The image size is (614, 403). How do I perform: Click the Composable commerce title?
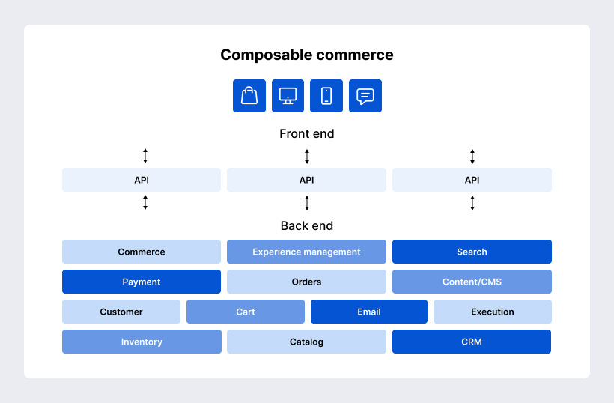[x=306, y=55]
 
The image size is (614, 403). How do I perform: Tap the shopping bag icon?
[x=249, y=96]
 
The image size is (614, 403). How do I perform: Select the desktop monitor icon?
[x=288, y=96]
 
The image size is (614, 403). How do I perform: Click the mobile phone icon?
[x=326, y=96]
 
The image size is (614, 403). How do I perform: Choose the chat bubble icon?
[x=365, y=96]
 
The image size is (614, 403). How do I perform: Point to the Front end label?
[x=306, y=134]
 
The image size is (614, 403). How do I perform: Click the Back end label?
[x=306, y=225]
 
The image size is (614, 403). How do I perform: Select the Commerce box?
[x=142, y=252]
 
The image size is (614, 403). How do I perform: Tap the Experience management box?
[x=306, y=252]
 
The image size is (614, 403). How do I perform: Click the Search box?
[x=472, y=252]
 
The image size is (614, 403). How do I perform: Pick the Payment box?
[x=142, y=282]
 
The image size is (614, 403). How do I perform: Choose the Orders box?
[x=306, y=282]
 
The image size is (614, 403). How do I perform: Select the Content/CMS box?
[x=472, y=282]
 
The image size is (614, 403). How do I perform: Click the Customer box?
[x=121, y=312]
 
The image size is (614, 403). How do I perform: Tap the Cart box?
[x=246, y=312]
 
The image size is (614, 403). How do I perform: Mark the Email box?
[x=369, y=312]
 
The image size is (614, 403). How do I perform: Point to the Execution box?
[x=493, y=312]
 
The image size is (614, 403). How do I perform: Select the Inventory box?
[x=142, y=342]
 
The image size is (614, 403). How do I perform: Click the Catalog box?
[x=306, y=342]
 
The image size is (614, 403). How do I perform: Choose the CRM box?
[x=472, y=342]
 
